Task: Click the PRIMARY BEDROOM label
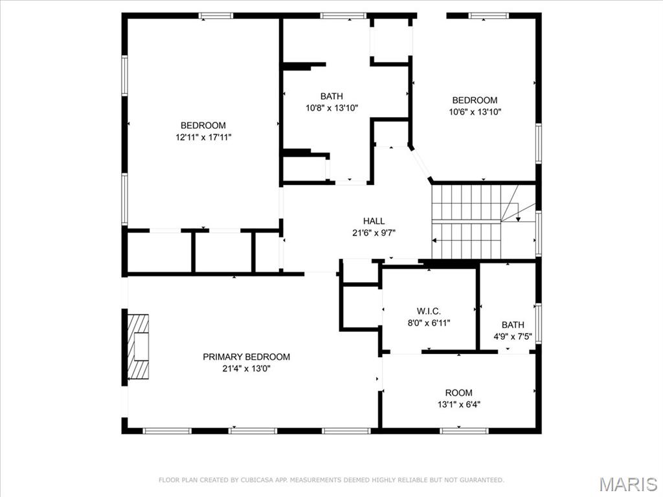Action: click(x=246, y=357)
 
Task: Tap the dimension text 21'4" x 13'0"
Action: click(x=246, y=369)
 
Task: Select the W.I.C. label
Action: click(x=429, y=311)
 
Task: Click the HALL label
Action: click(x=374, y=221)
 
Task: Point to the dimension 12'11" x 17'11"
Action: click(x=203, y=137)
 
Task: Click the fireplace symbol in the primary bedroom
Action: click(x=138, y=346)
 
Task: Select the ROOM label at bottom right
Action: click(x=458, y=393)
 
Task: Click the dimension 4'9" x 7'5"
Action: click(x=513, y=337)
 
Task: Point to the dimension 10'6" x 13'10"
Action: click(x=475, y=112)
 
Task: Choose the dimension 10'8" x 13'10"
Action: click(x=331, y=108)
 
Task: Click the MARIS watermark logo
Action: click(x=628, y=484)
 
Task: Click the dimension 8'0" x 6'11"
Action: click(x=429, y=322)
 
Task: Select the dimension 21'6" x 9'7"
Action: click(x=374, y=233)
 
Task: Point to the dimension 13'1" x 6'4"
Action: click(x=458, y=404)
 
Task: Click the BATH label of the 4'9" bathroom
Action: click(x=513, y=325)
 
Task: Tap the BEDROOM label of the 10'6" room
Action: click(x=475, y=100)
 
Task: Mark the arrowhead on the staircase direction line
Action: click(x=517, y=219)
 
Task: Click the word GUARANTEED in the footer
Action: click(x=480, y=480)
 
